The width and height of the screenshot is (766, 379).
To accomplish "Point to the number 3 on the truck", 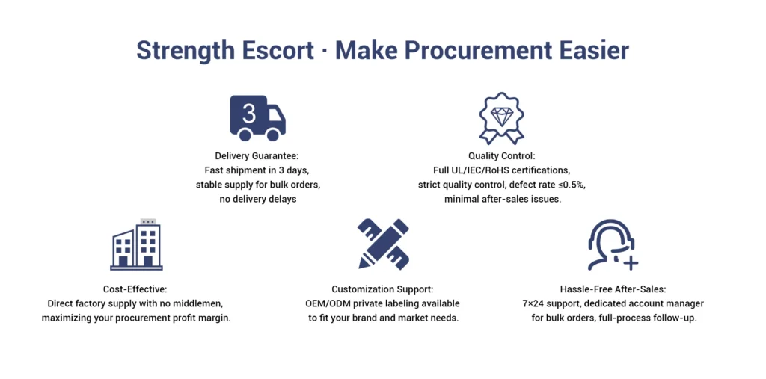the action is [249, 113].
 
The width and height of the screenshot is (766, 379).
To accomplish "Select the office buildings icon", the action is [136, 244].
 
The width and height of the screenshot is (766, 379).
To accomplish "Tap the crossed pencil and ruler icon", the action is [383, 243].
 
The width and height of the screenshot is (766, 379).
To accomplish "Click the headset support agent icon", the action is [613, 244].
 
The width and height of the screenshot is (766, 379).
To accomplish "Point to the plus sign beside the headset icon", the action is [631, 263].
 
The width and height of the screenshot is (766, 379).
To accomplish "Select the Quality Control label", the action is [502, 156].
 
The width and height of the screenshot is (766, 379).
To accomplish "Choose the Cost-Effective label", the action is [135, 289].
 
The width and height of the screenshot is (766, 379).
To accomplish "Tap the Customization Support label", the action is [382, 289].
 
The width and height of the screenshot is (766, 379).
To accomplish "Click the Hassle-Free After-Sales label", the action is [613, 289].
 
